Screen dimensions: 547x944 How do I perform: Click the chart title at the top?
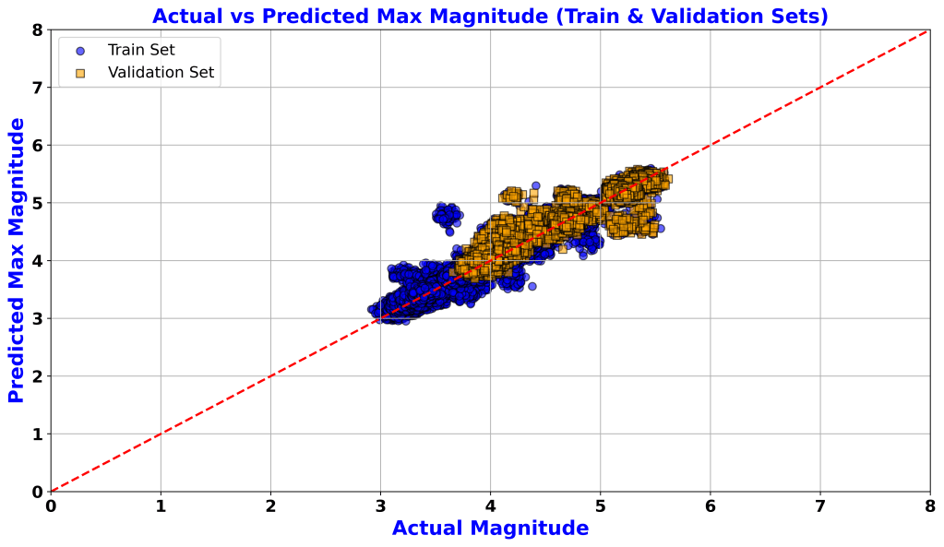[490, 16]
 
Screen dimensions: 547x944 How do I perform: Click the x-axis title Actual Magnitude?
[490, 529]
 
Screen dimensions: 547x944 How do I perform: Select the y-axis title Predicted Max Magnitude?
[17, 266]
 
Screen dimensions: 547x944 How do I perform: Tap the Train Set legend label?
[141, 50]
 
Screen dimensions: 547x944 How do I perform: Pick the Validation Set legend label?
[161, 73]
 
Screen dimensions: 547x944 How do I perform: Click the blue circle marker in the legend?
[80, 51]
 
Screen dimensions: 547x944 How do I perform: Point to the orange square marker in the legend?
[80, 73]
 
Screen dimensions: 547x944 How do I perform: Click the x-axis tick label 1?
[161, 506]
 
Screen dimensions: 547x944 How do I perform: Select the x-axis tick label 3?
[380, 506]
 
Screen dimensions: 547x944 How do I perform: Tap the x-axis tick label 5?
[600, 506]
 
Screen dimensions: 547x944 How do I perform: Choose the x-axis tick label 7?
[819, 506]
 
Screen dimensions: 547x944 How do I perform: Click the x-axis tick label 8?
[929, 506]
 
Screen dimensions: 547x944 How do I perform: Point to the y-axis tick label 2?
[36, 376]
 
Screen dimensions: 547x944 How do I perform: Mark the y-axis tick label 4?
[36, 261]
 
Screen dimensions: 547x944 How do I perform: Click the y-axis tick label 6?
[36, 146]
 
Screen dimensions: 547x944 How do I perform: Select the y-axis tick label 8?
[36, 30]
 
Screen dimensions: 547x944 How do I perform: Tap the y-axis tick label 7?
[36, 88]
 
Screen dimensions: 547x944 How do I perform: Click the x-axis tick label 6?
[710, 506]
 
